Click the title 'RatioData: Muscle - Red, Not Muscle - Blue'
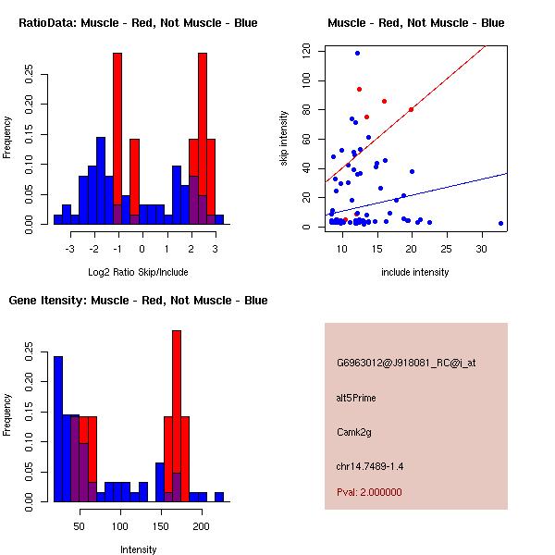[x=138, y=22]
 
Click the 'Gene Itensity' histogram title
[x=138, y=301]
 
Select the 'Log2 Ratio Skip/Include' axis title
[x=138, y=272]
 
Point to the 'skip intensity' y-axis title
[x=284, y=139]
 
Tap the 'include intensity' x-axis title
[x=415, y=272]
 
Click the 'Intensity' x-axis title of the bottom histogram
[x=138, y=549]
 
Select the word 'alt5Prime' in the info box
[x=357, y=398]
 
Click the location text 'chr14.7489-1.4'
[x=370, y=465]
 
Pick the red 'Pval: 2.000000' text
[x=369, y=492]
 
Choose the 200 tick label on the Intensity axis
[x=200, y=526]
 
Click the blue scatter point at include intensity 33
[x=500, y=223]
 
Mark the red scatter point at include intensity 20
[x=411, y=109]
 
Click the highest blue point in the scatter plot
[x=357, y=53]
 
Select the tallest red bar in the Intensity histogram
[x=177, y=416]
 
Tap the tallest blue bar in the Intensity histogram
[x=58, y=428]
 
